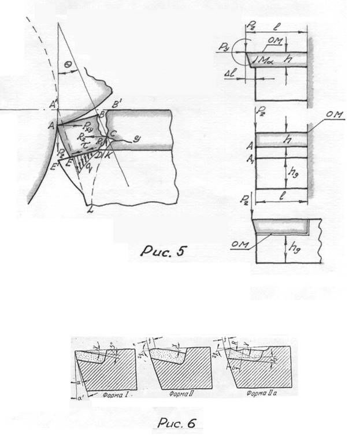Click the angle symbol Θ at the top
click(x=69, y=67)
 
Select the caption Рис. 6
click(x=176, y=423)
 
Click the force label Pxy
click(x=87, y=125)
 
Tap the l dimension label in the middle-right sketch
click(x=280, y=198)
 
